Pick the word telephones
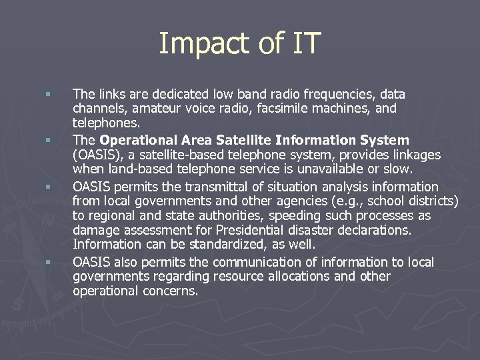click(107, 123)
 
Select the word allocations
click(295, 277)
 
